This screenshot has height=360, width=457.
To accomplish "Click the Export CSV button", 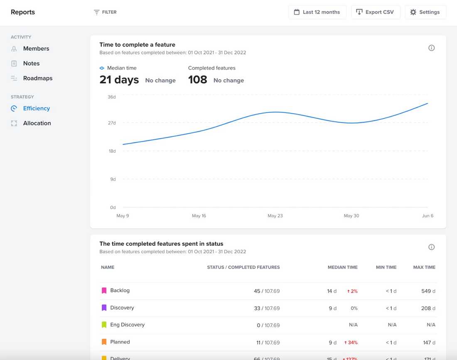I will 375,12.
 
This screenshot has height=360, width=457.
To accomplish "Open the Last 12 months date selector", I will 317,12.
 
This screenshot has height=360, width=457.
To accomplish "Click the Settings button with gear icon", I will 425,12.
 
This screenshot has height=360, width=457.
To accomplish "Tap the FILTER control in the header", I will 105,12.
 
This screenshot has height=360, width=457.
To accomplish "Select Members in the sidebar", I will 36,49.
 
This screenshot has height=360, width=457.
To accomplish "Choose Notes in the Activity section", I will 31,64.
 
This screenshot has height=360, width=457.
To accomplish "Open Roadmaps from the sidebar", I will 37,78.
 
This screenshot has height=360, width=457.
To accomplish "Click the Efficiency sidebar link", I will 36,108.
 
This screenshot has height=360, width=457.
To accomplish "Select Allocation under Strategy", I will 37,123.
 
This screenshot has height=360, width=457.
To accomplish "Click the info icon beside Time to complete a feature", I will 431,48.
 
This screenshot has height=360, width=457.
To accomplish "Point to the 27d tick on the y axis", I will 112,123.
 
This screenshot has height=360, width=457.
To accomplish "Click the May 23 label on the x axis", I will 275,216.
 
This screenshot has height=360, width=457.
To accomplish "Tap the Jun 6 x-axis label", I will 428,216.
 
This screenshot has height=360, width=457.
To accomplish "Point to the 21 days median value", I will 119,80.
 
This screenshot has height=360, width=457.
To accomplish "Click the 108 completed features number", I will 197,80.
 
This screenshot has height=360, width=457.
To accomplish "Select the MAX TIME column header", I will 424,267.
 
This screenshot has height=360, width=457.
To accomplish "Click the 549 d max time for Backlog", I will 428,291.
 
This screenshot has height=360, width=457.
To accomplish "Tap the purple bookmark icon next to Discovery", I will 104,308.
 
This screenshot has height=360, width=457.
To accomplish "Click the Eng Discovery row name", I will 127,325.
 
